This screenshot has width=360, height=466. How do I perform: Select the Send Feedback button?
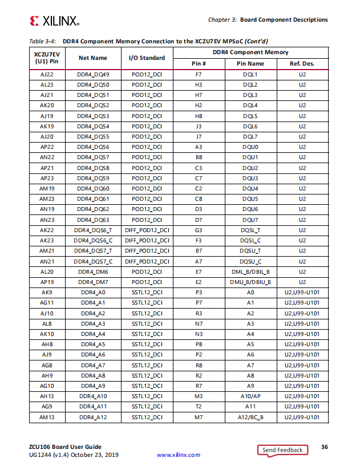[282, 450]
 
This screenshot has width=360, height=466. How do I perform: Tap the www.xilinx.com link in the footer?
[179, 455]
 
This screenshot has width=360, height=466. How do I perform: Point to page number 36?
[324, 447]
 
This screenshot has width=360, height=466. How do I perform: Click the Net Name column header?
[93, 58]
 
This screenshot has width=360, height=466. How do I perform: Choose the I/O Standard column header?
[147, 58]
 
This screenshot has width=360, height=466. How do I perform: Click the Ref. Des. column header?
[302, 63]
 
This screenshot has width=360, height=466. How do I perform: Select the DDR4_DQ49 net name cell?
[93, 75]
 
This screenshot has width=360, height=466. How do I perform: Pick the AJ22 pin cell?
[47, 75]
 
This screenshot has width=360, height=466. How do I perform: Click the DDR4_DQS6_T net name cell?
[93, 230]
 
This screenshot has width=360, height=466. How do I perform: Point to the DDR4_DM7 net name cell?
[93, 282]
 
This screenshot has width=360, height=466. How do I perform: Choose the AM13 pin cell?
[47, 417]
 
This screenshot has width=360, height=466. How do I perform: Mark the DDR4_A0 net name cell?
[93, 292]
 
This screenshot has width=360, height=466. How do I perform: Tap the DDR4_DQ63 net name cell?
[93, 220]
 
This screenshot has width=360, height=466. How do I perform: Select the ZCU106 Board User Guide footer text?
[65, 446]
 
